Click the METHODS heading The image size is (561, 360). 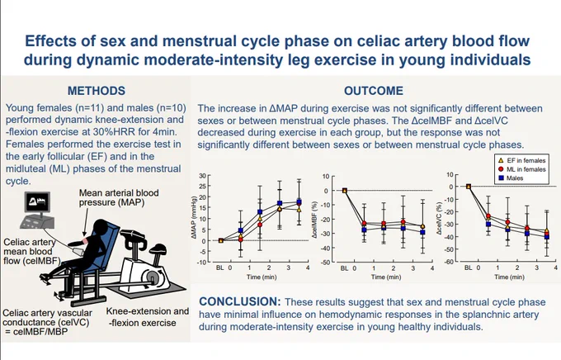tap(97, 91)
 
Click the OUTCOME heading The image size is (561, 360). tap(374, 91)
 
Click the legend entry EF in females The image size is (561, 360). tap(522, 160)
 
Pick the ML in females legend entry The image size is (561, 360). tap(522, 169)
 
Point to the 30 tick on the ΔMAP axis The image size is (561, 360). tap(202, 176)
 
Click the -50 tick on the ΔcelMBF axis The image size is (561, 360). tap(325, 263)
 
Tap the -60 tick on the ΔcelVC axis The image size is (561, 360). tap(449, 262)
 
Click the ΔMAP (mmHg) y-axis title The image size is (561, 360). tap(194, 217)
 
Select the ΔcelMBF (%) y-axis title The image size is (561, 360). tap(315, 220)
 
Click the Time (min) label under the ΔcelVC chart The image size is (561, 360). tap(509, 277)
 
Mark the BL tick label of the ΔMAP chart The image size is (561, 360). tap(219, 268)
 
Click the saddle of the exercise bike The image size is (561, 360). tap(158, 248)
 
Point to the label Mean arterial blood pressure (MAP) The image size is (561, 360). tap(119, 197)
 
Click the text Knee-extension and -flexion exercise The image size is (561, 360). tap(148, 317)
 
